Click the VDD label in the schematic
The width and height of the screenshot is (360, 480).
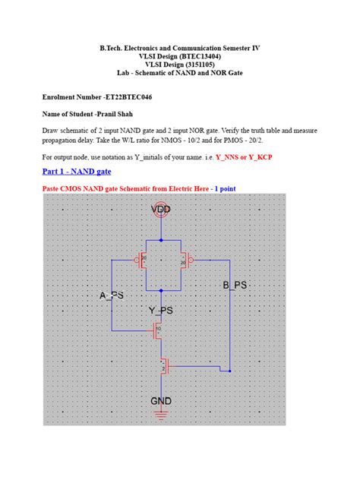coord(161,209)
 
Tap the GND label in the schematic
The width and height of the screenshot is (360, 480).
coord(161,400)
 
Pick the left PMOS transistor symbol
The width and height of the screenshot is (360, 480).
coord(142,261)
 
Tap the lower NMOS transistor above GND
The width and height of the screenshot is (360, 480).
coord(163,368)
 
